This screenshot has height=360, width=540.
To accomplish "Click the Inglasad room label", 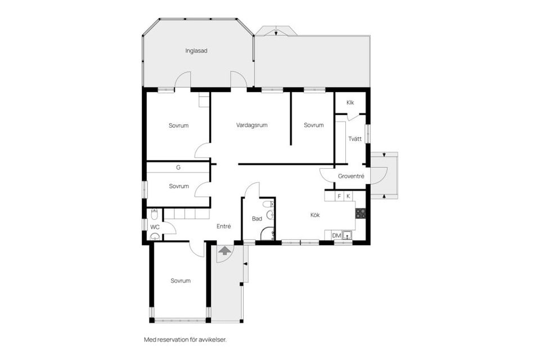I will point(196,51).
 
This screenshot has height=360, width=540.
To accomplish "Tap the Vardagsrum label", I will point(251,125).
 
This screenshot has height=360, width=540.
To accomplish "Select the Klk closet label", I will point(350,102).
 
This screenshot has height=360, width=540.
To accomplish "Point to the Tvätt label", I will point(354,139).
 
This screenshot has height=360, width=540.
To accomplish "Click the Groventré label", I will point(351,176).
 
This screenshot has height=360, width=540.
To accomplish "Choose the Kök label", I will point(316,214).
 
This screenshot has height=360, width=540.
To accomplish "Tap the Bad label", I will point(256,219).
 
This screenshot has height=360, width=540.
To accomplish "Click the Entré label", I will point(224,226).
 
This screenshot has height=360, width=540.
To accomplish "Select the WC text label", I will point(154,227).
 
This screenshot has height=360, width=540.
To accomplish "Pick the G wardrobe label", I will point(178,168).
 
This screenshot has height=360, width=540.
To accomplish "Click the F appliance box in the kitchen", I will point(339,196).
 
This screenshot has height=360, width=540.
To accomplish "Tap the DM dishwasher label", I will point(336,235).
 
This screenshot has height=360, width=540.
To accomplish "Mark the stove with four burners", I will point(361,213).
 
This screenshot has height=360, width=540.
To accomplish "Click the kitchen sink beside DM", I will point(348,235).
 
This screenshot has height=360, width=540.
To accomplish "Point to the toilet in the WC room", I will point(154,214).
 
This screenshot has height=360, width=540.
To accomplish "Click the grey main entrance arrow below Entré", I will point(224,250).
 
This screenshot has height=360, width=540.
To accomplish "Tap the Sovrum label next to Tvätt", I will point(313,125).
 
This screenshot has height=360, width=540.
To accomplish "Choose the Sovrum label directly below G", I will point(178,186).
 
